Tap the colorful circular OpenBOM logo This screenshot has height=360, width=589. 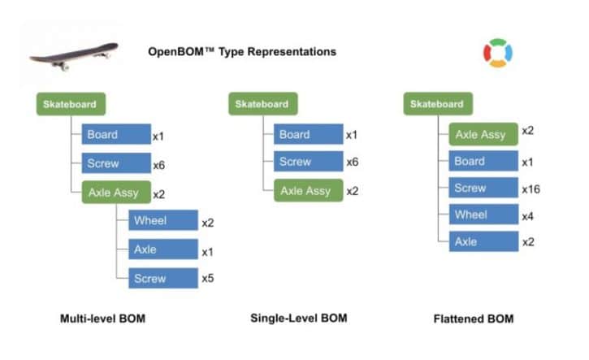point(497,54)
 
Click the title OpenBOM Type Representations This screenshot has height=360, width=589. point(241,52)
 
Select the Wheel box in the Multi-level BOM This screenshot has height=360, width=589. point(162,221)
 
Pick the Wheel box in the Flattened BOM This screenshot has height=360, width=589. point(483,215)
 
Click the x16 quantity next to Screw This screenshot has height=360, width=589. point(531,189)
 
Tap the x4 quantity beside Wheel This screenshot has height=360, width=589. point(528,215)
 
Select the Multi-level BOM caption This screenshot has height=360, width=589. point(102,319)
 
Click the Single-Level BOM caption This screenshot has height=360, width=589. point(298,319)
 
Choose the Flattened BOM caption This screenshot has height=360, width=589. point(473,319)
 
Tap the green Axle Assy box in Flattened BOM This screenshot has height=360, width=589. point(483,134)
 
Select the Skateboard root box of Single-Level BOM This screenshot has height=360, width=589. point(262,104)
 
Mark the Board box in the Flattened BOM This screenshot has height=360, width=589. point(483,162)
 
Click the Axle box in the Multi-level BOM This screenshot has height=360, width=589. point(162,249)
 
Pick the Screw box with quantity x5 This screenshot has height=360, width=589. point(162,279)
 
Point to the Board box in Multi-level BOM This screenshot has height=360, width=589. point(116,135)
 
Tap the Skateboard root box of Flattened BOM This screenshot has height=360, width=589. point(437,104)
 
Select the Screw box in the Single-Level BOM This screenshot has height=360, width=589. point(308,162)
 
